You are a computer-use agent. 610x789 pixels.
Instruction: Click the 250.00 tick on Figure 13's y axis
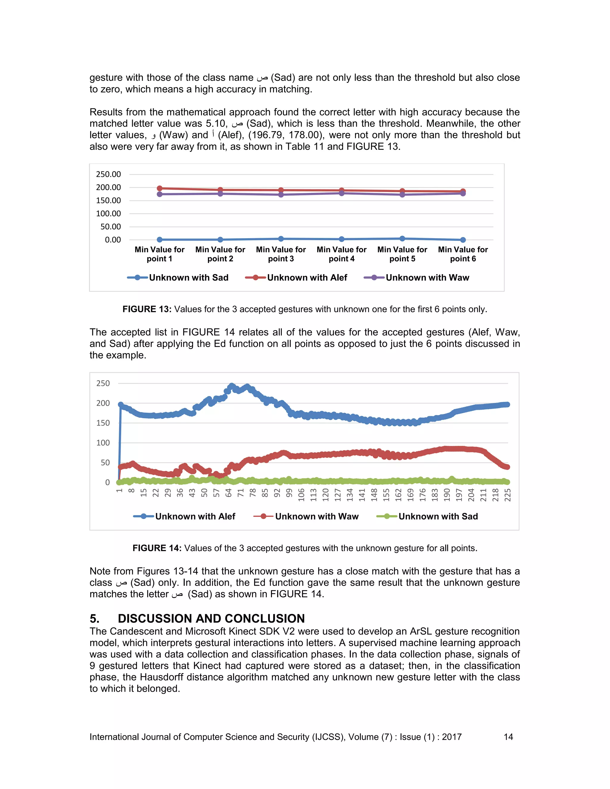[108, 174]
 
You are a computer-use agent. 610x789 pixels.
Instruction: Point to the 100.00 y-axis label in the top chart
[108, 213]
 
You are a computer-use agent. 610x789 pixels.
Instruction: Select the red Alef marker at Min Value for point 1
[159, 188]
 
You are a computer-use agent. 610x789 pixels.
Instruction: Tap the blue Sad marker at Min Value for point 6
[463, 240]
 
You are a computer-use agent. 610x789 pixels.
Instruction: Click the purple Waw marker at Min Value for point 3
[281, 195]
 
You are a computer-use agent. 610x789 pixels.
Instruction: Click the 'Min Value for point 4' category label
[342, 254]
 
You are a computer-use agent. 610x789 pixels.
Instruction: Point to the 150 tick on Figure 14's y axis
[103, 423]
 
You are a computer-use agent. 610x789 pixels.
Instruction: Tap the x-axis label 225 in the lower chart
[507, 495]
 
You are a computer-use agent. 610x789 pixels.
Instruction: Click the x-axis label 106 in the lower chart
[301, 495]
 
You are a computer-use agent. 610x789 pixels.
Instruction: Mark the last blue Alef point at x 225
[507, 404]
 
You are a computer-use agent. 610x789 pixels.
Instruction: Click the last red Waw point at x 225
[507, 467]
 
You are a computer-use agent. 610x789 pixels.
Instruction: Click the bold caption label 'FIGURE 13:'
[147, 309]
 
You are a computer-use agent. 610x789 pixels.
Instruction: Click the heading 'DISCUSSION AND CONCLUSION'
[211, 618]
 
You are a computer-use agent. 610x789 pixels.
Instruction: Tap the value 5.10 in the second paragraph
[215, 124]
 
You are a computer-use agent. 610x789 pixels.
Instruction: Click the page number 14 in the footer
[508, 737]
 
